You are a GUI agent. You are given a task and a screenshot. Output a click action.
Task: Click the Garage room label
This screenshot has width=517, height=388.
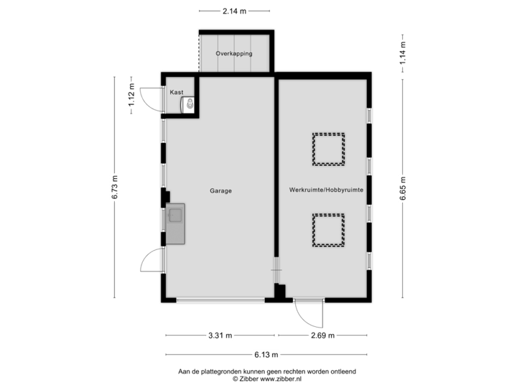[220, 191]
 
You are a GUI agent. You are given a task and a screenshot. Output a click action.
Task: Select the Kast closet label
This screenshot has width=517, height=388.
[177, 93]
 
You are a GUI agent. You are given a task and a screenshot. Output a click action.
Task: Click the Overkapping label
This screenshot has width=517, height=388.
[234, 54]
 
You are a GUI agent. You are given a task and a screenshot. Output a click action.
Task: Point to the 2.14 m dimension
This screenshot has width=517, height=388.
[234, 11]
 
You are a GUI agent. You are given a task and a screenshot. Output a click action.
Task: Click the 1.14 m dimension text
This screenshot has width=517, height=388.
[403, 49]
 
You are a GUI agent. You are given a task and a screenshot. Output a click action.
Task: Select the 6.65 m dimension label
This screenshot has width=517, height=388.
[403, 190]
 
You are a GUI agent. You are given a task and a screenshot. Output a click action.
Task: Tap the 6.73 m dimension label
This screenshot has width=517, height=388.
[114, 188]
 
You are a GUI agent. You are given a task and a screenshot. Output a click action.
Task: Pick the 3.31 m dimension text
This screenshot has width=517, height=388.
[218, 335]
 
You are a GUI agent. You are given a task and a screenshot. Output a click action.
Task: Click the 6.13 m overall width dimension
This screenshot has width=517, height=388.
[266, 354]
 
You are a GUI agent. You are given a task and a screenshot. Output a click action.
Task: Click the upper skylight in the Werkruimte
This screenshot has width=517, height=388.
[328, 148]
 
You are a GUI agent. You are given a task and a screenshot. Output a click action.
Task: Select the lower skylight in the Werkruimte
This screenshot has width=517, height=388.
[328, 231]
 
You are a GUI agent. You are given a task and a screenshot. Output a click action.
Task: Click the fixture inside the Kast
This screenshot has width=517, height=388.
[190, 105]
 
